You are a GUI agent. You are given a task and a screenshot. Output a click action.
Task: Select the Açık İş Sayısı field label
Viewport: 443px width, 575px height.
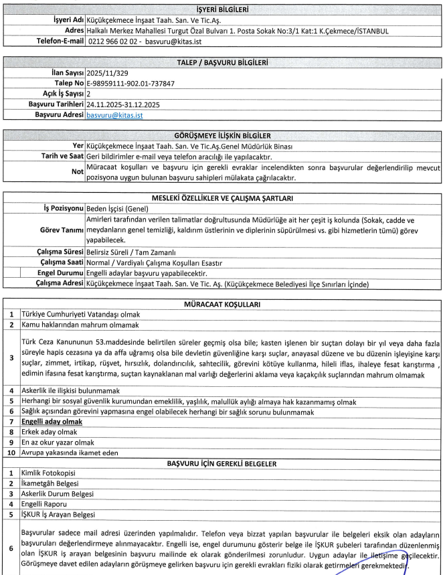62,94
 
